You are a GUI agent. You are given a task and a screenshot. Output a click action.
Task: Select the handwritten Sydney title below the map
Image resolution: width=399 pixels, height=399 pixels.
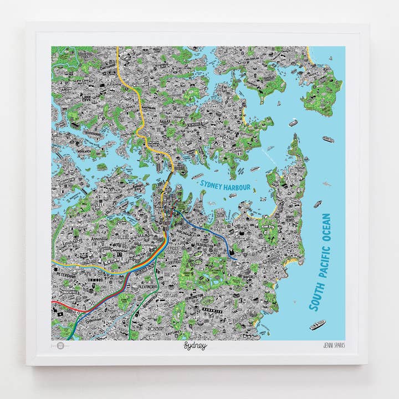[195, 346]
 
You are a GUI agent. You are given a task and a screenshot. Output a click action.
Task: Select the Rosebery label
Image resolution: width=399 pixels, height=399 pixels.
[155, 328]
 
